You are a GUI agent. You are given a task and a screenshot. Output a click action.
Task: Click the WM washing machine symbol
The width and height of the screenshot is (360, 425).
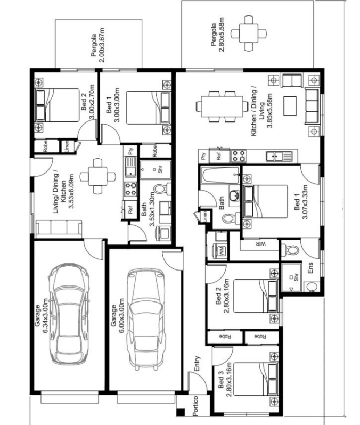coord(222,251)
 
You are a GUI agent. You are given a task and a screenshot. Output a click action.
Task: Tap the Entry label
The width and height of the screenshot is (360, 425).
coord(197,363)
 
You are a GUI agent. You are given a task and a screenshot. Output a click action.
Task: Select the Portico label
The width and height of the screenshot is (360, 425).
coord(195,406)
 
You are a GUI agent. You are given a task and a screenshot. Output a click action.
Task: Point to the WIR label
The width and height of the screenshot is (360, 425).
coord(259,244)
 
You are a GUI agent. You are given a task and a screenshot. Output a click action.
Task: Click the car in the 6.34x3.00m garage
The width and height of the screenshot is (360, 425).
coord(69,313)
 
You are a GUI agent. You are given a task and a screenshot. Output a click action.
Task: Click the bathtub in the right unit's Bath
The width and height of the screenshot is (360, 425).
coord(220,175)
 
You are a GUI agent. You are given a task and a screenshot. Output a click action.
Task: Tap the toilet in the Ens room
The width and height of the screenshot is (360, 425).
coord(290,250)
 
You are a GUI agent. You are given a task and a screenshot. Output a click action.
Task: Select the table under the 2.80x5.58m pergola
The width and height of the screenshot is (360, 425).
coord(249,34)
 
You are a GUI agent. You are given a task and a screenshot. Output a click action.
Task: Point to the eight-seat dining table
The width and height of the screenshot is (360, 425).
coord(222,106)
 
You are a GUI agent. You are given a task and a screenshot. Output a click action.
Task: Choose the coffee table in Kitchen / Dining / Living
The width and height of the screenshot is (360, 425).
coord(290,105)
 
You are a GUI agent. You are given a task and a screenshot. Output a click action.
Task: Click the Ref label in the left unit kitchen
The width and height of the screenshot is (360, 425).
coord(130,209)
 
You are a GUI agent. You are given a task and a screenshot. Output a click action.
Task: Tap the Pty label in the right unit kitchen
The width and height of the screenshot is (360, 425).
coord(203,156)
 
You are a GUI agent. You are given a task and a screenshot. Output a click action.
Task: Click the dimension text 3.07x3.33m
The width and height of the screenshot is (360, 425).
coord(305,202)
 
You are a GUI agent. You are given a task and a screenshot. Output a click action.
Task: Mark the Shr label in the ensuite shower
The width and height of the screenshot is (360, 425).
coord(296,277)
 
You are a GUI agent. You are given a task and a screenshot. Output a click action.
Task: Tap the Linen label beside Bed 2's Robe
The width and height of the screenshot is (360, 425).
coord(67,146)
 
